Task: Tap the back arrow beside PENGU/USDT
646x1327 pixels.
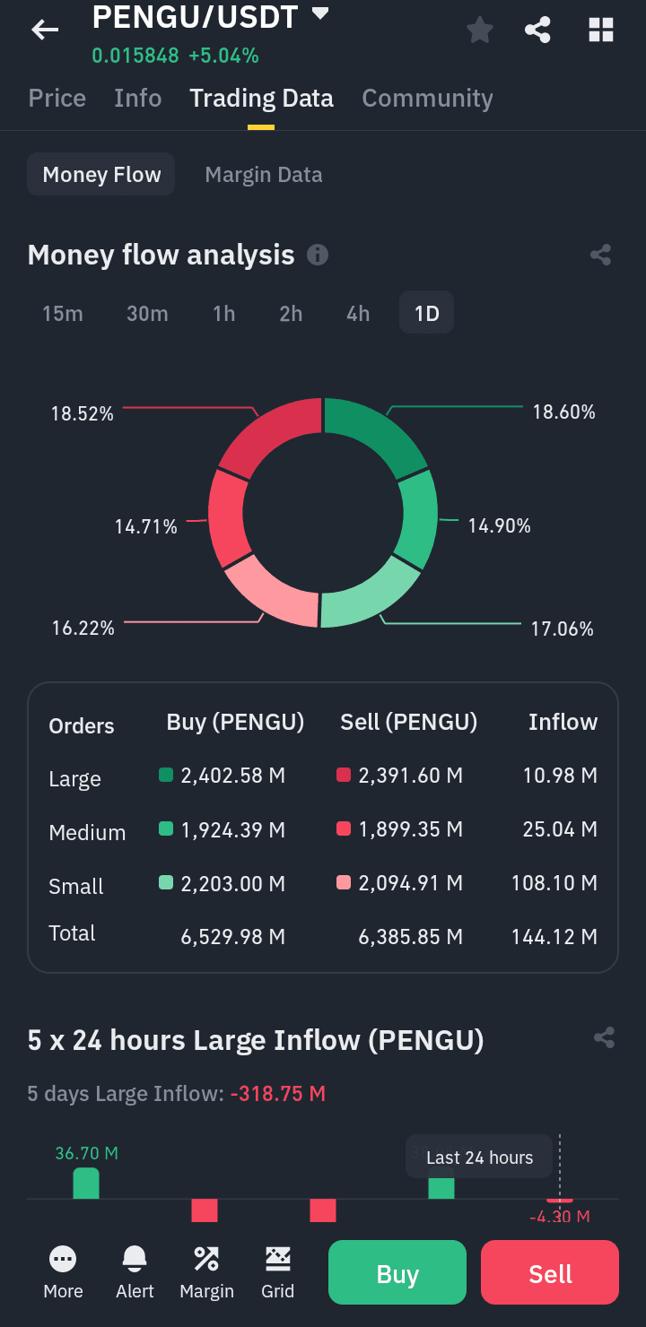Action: point(45,30)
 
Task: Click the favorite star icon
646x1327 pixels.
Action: point(480,30)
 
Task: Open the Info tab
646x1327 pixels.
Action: point(138,98)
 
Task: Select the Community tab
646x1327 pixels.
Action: point(427,98)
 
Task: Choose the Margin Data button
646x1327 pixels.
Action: point(264,175)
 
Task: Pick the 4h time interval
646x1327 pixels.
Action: point(358,314)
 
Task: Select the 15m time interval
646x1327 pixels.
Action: point(63,314)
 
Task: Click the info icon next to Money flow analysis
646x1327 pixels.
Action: point(318,256)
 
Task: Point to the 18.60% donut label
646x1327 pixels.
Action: point(563,412)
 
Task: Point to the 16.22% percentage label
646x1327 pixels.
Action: point(83,629)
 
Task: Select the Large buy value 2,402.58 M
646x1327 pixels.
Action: point(232,776)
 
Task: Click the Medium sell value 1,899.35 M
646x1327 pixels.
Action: point(410,829)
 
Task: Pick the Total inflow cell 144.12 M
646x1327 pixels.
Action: point(554,937)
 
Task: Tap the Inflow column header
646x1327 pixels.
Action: point(563,723)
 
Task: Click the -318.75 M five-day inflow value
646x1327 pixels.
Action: point(278,1094)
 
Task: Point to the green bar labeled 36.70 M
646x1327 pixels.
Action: point(86,1183)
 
